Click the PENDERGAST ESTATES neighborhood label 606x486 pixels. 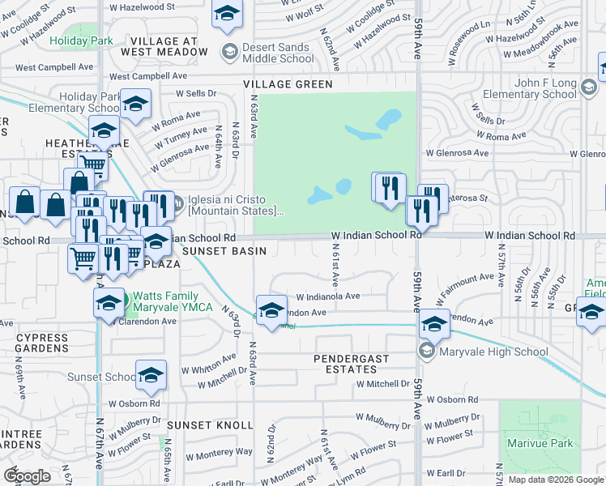pyautogui.click(x=352, y=364)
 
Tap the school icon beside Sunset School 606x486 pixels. pyautogui.click(x=151, y=375)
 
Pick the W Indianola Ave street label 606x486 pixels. pyautogui.click(x=327, y=296)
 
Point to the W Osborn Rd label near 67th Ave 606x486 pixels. pyautogui.click(x=132, y=403)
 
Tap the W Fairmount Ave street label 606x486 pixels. pyautogui.click(x=466, y=285)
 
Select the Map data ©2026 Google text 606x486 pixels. pyautogui.click(x=555, y=480)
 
